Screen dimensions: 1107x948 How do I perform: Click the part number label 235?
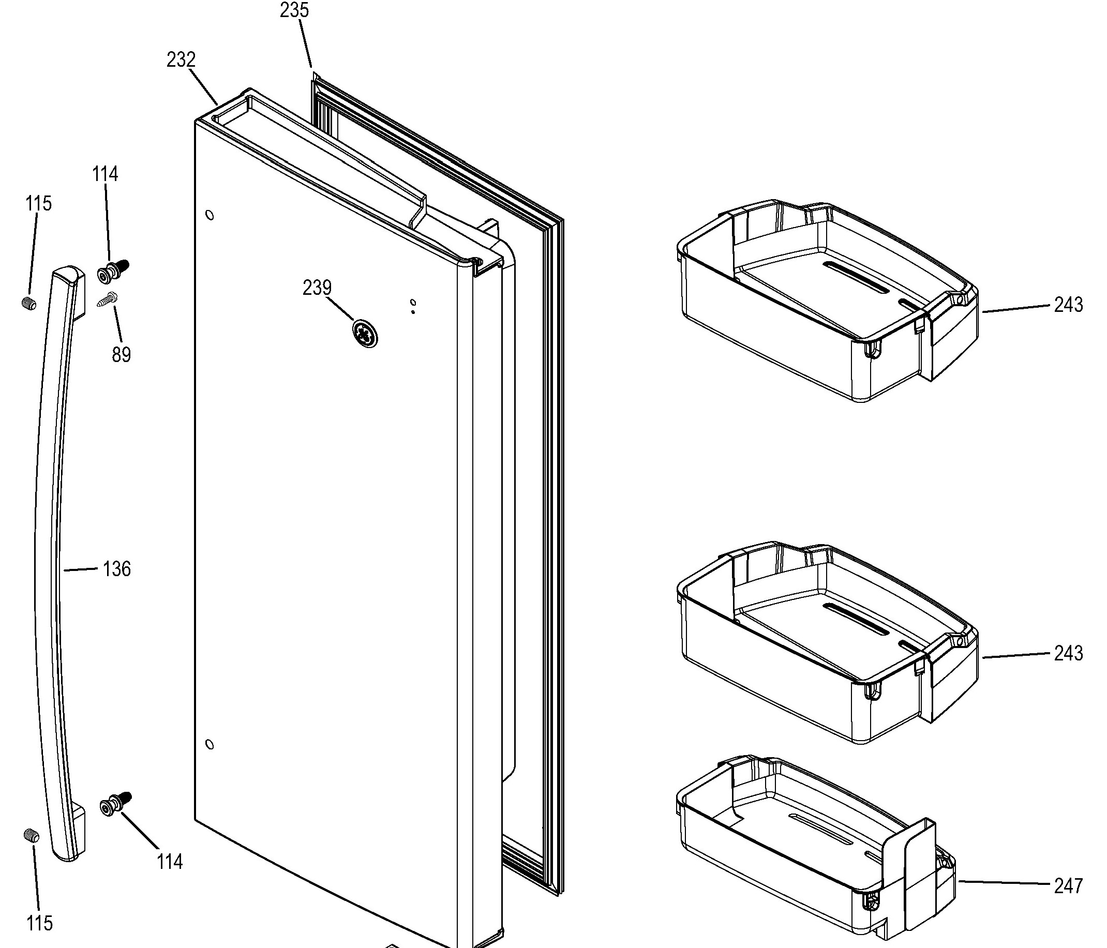294,10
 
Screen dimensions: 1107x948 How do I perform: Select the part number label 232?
181,60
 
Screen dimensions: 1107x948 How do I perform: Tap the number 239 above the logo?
317,288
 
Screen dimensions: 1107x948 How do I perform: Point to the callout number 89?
121,355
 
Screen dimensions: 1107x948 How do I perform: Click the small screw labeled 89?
108,299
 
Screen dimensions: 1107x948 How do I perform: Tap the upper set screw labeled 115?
30,305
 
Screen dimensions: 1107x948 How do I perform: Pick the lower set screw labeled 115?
32,835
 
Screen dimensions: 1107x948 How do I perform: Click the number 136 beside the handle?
116,569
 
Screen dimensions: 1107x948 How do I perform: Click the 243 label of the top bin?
1069,305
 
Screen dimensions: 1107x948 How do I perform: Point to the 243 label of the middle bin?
1069,653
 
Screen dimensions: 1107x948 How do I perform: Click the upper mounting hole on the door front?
210,215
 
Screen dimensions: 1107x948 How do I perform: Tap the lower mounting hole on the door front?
210,745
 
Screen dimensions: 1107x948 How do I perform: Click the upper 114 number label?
104,174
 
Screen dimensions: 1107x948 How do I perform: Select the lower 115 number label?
39,923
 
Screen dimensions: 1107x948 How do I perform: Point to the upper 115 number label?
38,203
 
